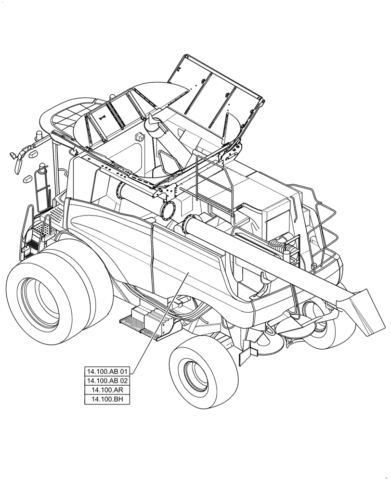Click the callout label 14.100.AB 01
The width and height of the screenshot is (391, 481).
click(107, 371)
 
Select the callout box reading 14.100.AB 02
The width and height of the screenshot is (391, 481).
click(107, 380)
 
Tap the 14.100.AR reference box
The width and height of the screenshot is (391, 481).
click(107, 390)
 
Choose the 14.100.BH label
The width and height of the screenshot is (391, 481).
click(107, 399)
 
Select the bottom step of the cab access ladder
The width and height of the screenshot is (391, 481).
click(32, 244)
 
